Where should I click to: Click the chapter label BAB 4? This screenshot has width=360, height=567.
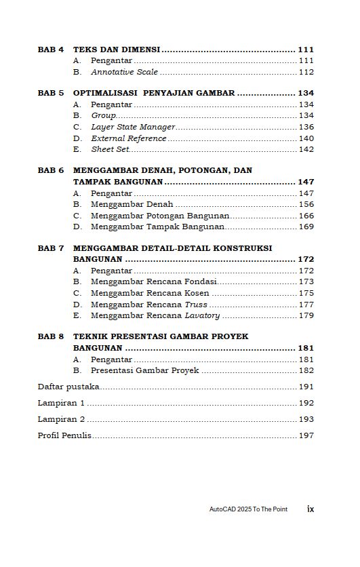point(50,50)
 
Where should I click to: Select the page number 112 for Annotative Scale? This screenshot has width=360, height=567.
point(306,72)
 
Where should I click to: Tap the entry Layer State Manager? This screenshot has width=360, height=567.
point(133,127)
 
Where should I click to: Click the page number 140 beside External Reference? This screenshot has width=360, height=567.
point(306,138)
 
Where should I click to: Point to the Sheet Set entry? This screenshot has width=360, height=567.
point(111,149)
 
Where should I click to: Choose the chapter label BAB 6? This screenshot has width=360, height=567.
point(50,170)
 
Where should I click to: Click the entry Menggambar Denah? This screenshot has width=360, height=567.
point(132,204)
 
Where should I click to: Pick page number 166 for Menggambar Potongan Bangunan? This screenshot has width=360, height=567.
point(306,216)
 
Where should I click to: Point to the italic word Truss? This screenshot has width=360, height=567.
point(196,305)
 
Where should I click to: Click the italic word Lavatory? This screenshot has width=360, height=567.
point(202,315)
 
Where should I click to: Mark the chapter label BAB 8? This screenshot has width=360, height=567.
point(50,336)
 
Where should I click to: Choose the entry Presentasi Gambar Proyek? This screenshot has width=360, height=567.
point(144,370)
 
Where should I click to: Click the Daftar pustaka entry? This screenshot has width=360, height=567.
point(68,387)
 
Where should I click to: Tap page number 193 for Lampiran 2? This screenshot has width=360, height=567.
point(306,419)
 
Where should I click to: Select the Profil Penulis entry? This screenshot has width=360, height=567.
point(64,435)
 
